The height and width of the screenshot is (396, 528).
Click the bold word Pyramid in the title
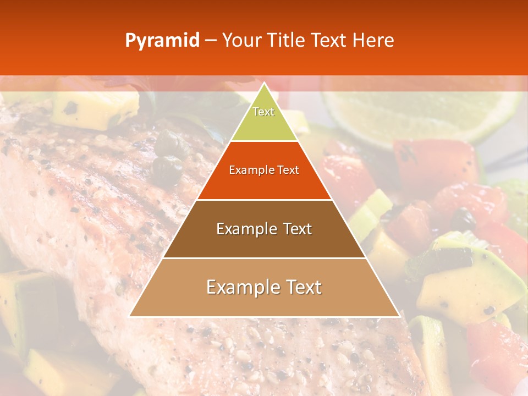[x=162, y=41]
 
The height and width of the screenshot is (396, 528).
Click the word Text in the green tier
[x=263, y=112]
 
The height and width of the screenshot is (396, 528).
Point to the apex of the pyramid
[x=264, y=84]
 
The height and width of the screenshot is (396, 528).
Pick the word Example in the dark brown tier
[x=244, y=229]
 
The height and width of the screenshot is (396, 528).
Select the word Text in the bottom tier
[x=302, y=288]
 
